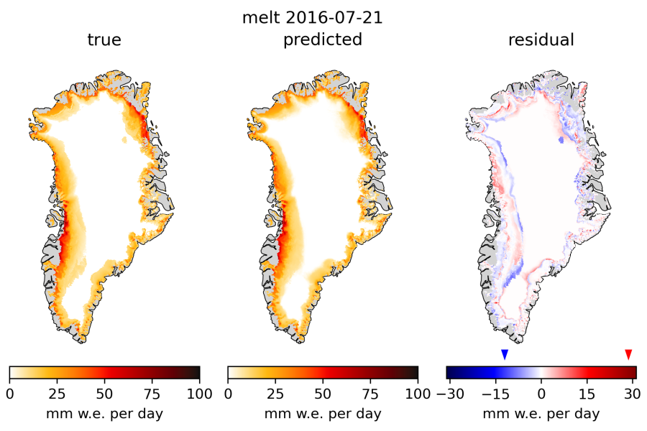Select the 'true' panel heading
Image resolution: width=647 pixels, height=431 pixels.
[x=104, y=40]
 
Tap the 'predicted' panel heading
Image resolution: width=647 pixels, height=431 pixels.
[x=323, y=40]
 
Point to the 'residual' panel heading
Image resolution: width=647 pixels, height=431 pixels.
[x=541, y=40]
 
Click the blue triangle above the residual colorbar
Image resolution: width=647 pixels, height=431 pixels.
[x=505, y=354]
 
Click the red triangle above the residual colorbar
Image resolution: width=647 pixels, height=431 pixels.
[x=628, y=354]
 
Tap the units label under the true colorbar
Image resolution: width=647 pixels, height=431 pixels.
[x=104, y=414]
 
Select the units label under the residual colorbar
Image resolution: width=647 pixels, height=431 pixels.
[x=541, y=414]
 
